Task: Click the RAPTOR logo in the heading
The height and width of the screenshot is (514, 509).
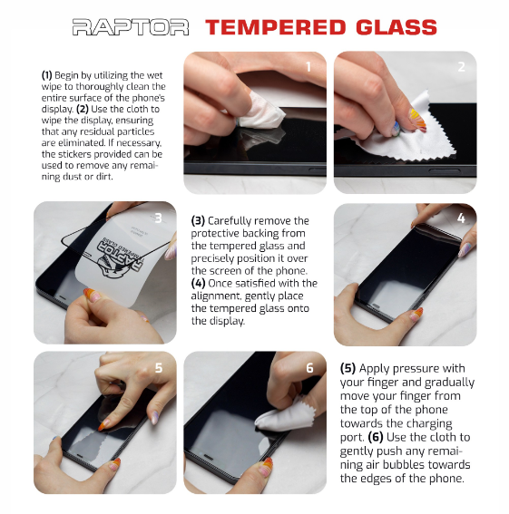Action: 131,27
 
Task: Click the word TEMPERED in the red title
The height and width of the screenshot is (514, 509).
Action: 276,27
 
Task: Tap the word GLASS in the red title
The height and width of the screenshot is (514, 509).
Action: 396,27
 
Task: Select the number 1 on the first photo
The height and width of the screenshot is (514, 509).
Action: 308,67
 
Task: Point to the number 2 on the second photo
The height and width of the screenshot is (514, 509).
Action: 461,67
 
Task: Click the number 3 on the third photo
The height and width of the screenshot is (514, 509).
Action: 158,218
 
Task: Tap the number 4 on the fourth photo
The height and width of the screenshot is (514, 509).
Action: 461,218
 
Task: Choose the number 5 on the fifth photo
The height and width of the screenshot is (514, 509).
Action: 159,368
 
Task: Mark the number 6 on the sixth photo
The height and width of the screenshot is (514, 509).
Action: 309,368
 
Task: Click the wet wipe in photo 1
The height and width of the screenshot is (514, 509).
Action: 261,112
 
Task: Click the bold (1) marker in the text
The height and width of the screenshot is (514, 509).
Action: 46,75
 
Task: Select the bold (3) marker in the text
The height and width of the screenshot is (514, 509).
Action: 198,221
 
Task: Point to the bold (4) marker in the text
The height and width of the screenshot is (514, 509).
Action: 198,283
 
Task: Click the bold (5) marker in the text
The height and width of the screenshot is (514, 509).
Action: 347,368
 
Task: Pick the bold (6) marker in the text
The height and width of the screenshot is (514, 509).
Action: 376,437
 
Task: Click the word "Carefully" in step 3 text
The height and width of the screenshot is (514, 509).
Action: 230,221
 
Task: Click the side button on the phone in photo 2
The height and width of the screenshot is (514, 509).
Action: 444,170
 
